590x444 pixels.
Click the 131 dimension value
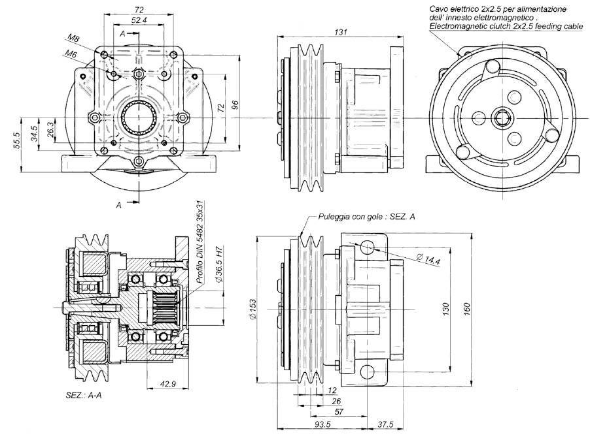click(x=340, y=32)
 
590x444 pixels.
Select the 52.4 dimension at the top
click(x=138, y=21)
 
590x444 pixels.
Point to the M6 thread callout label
click(x=70, y=54)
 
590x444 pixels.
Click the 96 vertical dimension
click(x=235, y=106)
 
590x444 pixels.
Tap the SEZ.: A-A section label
click(x=84, y=396)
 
